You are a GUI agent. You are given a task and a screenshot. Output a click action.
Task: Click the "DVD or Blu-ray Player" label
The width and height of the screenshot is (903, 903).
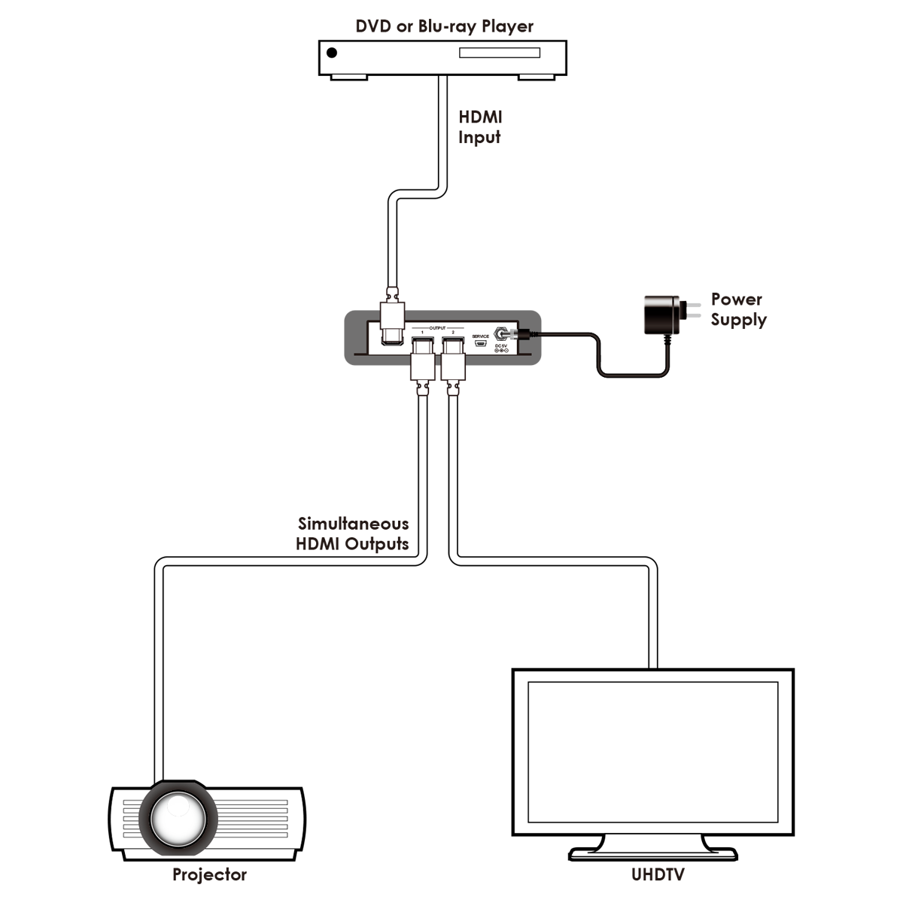[x=444, y=26]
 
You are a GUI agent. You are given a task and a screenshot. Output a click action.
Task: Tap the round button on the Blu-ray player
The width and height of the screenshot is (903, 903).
[x=332, y=53]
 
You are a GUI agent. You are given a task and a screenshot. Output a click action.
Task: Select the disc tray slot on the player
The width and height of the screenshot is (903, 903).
[x=500, y=53]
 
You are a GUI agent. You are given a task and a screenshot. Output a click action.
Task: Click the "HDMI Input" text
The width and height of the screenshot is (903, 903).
[x=480, y=127]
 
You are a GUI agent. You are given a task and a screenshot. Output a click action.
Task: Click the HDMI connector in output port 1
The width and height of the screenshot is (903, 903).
[x=421, y=357]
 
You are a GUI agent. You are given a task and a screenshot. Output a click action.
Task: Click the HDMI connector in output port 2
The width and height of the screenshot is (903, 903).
[x=452, y=357]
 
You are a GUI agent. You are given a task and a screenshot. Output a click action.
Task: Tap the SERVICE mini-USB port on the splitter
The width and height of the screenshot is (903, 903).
[x=481, y=344]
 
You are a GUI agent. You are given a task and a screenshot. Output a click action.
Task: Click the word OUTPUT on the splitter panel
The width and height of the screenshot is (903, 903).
[x=437, y=328]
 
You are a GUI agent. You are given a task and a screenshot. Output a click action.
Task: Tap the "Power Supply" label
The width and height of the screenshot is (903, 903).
[x=738, y=309]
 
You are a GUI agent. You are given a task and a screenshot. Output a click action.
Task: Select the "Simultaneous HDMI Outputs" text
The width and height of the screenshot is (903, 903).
[x=353, y=534]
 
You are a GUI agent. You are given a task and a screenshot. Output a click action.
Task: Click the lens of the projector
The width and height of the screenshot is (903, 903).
[x=178, y=817]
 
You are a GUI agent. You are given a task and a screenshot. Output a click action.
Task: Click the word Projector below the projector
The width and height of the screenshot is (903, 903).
[x=209, y=874]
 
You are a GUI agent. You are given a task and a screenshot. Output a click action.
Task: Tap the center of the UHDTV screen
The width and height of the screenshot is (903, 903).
[x=652, y=752]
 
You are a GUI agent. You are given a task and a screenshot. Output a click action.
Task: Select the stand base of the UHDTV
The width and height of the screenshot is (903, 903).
[x=652, y=854]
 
